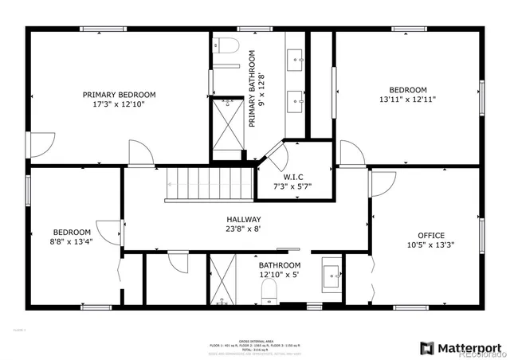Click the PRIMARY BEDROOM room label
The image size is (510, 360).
[x=120, y=95]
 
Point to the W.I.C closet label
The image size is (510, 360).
[x=293, y=176]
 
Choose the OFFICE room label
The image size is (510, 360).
[x=431, y=235]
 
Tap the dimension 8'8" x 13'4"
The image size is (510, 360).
[x=73, y=243]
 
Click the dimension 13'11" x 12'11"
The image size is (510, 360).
[x=407, y=100]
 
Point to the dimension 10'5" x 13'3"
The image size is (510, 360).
[x=431, y=245]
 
